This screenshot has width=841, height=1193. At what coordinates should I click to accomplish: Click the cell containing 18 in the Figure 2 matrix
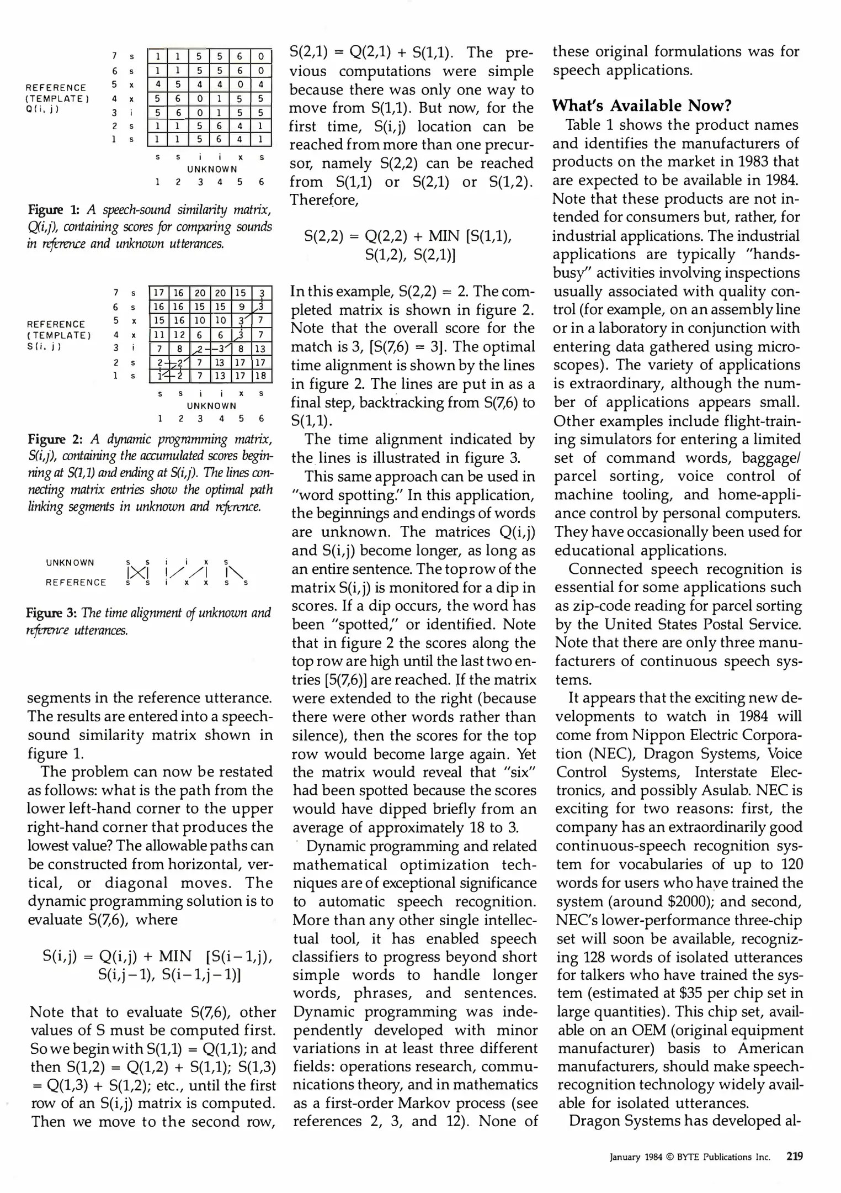click(261, 376)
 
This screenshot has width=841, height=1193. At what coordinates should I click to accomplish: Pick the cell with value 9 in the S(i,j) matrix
click(241, 307)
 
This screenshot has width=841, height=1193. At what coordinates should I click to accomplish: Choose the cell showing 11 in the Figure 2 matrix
click(159, 334)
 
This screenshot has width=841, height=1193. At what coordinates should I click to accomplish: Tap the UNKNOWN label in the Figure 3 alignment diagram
click(70, 563)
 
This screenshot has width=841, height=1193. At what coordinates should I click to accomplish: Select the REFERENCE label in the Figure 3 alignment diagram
click(76, 582)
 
